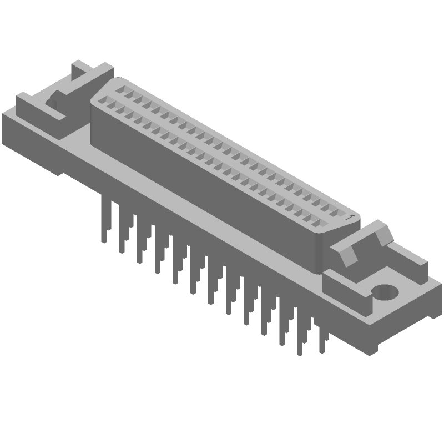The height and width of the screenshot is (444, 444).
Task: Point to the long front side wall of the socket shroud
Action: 205,183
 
